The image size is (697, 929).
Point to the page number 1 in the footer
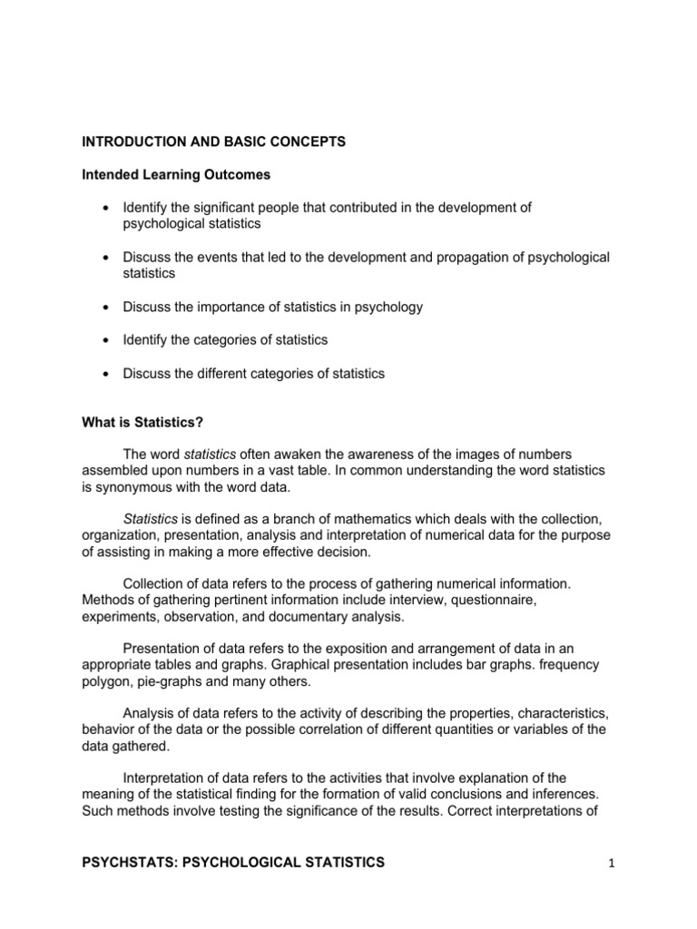pyautogui.click(x=612, y=863)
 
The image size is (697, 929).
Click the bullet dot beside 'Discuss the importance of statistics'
pyautogui.click(x=109, y=307)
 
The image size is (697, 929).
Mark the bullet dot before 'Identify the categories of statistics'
pyautogui.click(x=109, y=340)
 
